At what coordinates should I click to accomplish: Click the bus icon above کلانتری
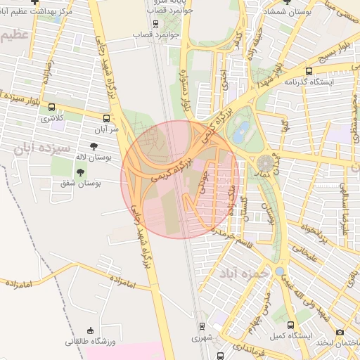tap(51, 108)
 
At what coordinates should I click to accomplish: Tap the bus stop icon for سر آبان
tap(106, 119)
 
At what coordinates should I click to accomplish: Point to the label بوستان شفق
tap(77, 183)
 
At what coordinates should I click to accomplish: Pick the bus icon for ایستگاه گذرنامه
tap(309, 70)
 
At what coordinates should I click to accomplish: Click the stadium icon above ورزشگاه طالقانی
tap(89, 330)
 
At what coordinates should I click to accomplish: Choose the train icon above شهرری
tap(202, 326)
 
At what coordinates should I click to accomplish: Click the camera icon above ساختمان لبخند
tap(340, 332)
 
